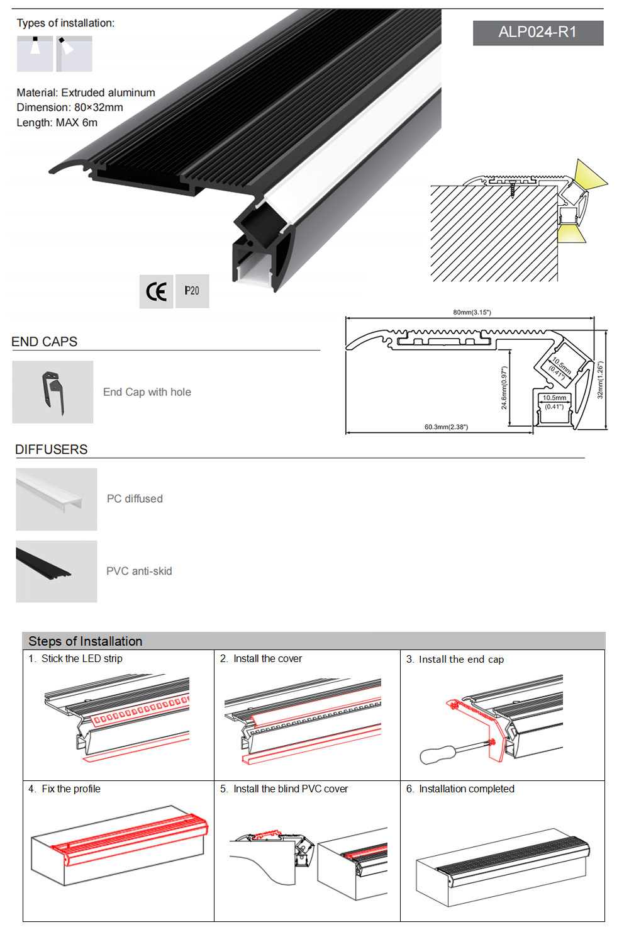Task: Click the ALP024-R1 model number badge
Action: pyautogui.click(x=538, y=33)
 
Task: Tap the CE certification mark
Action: pyautogui.click(x=157, y=291)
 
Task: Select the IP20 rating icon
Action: pyautogui.click(x=192, y=291)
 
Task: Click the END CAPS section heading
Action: pyautogui.click(x=45, y=342)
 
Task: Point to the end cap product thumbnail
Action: pyautogui.click(x=53, y=392)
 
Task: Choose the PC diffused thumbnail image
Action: pyautogui.click(x=57, y=499)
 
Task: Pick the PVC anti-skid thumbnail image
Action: pyautogui.click(x=57, y=571)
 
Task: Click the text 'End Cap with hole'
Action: pyautogui.click(x=147, y=392)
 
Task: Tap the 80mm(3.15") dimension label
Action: pyautogui.click(x=472, y=312)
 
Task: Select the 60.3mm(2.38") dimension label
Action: pyautogui.click(x=446, y=427)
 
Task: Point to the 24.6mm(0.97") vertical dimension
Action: pyautogui.click(x=504, y=388)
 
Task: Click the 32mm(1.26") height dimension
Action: pyautogui.click(x=600, y=380)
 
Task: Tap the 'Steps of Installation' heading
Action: pyautogui.click(x=86, y=641)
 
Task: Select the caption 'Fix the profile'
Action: pyautogui.click(x=71, y=789)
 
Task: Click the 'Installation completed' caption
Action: pyautogui.click(x=467, y=789)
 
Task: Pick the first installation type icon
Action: pyautogui.click(x=35, y=53)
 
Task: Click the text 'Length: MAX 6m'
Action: pyautogui.click(x=57, y=123)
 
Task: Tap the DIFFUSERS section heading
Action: pyautogui.click(x=52, y=449)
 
